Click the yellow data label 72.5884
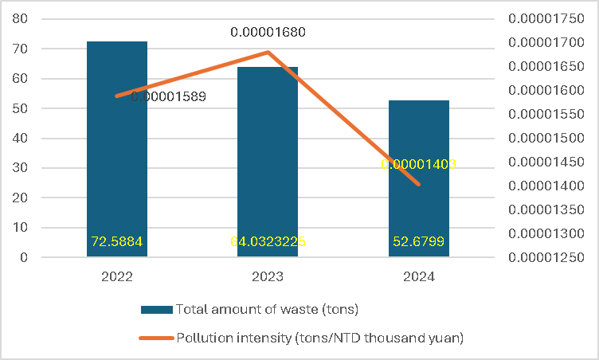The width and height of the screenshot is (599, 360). pos(117,241)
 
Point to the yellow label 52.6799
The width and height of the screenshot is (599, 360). pos(419,241)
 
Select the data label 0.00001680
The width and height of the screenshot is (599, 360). pos(268,33)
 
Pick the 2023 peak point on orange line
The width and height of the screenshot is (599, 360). pos(268,53)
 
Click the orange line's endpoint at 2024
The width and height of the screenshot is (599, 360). pos(419,184)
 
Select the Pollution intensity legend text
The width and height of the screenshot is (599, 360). pos(319,338)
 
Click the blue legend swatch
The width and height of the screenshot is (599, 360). pos(156,309)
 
